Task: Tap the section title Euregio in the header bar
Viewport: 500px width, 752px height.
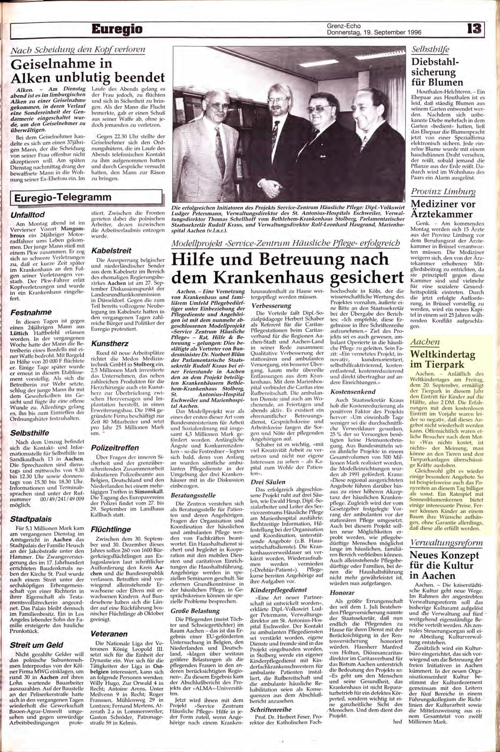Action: pyautogui.click(x=117, y=30)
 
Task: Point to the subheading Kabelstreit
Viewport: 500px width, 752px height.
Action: pyautogui.click(x=106, y=251)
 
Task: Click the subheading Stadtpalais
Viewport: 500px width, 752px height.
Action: pyautogui.click(x=31, y=519)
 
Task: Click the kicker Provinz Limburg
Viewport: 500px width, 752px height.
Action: pyautogui.click(x=442, y=192)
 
